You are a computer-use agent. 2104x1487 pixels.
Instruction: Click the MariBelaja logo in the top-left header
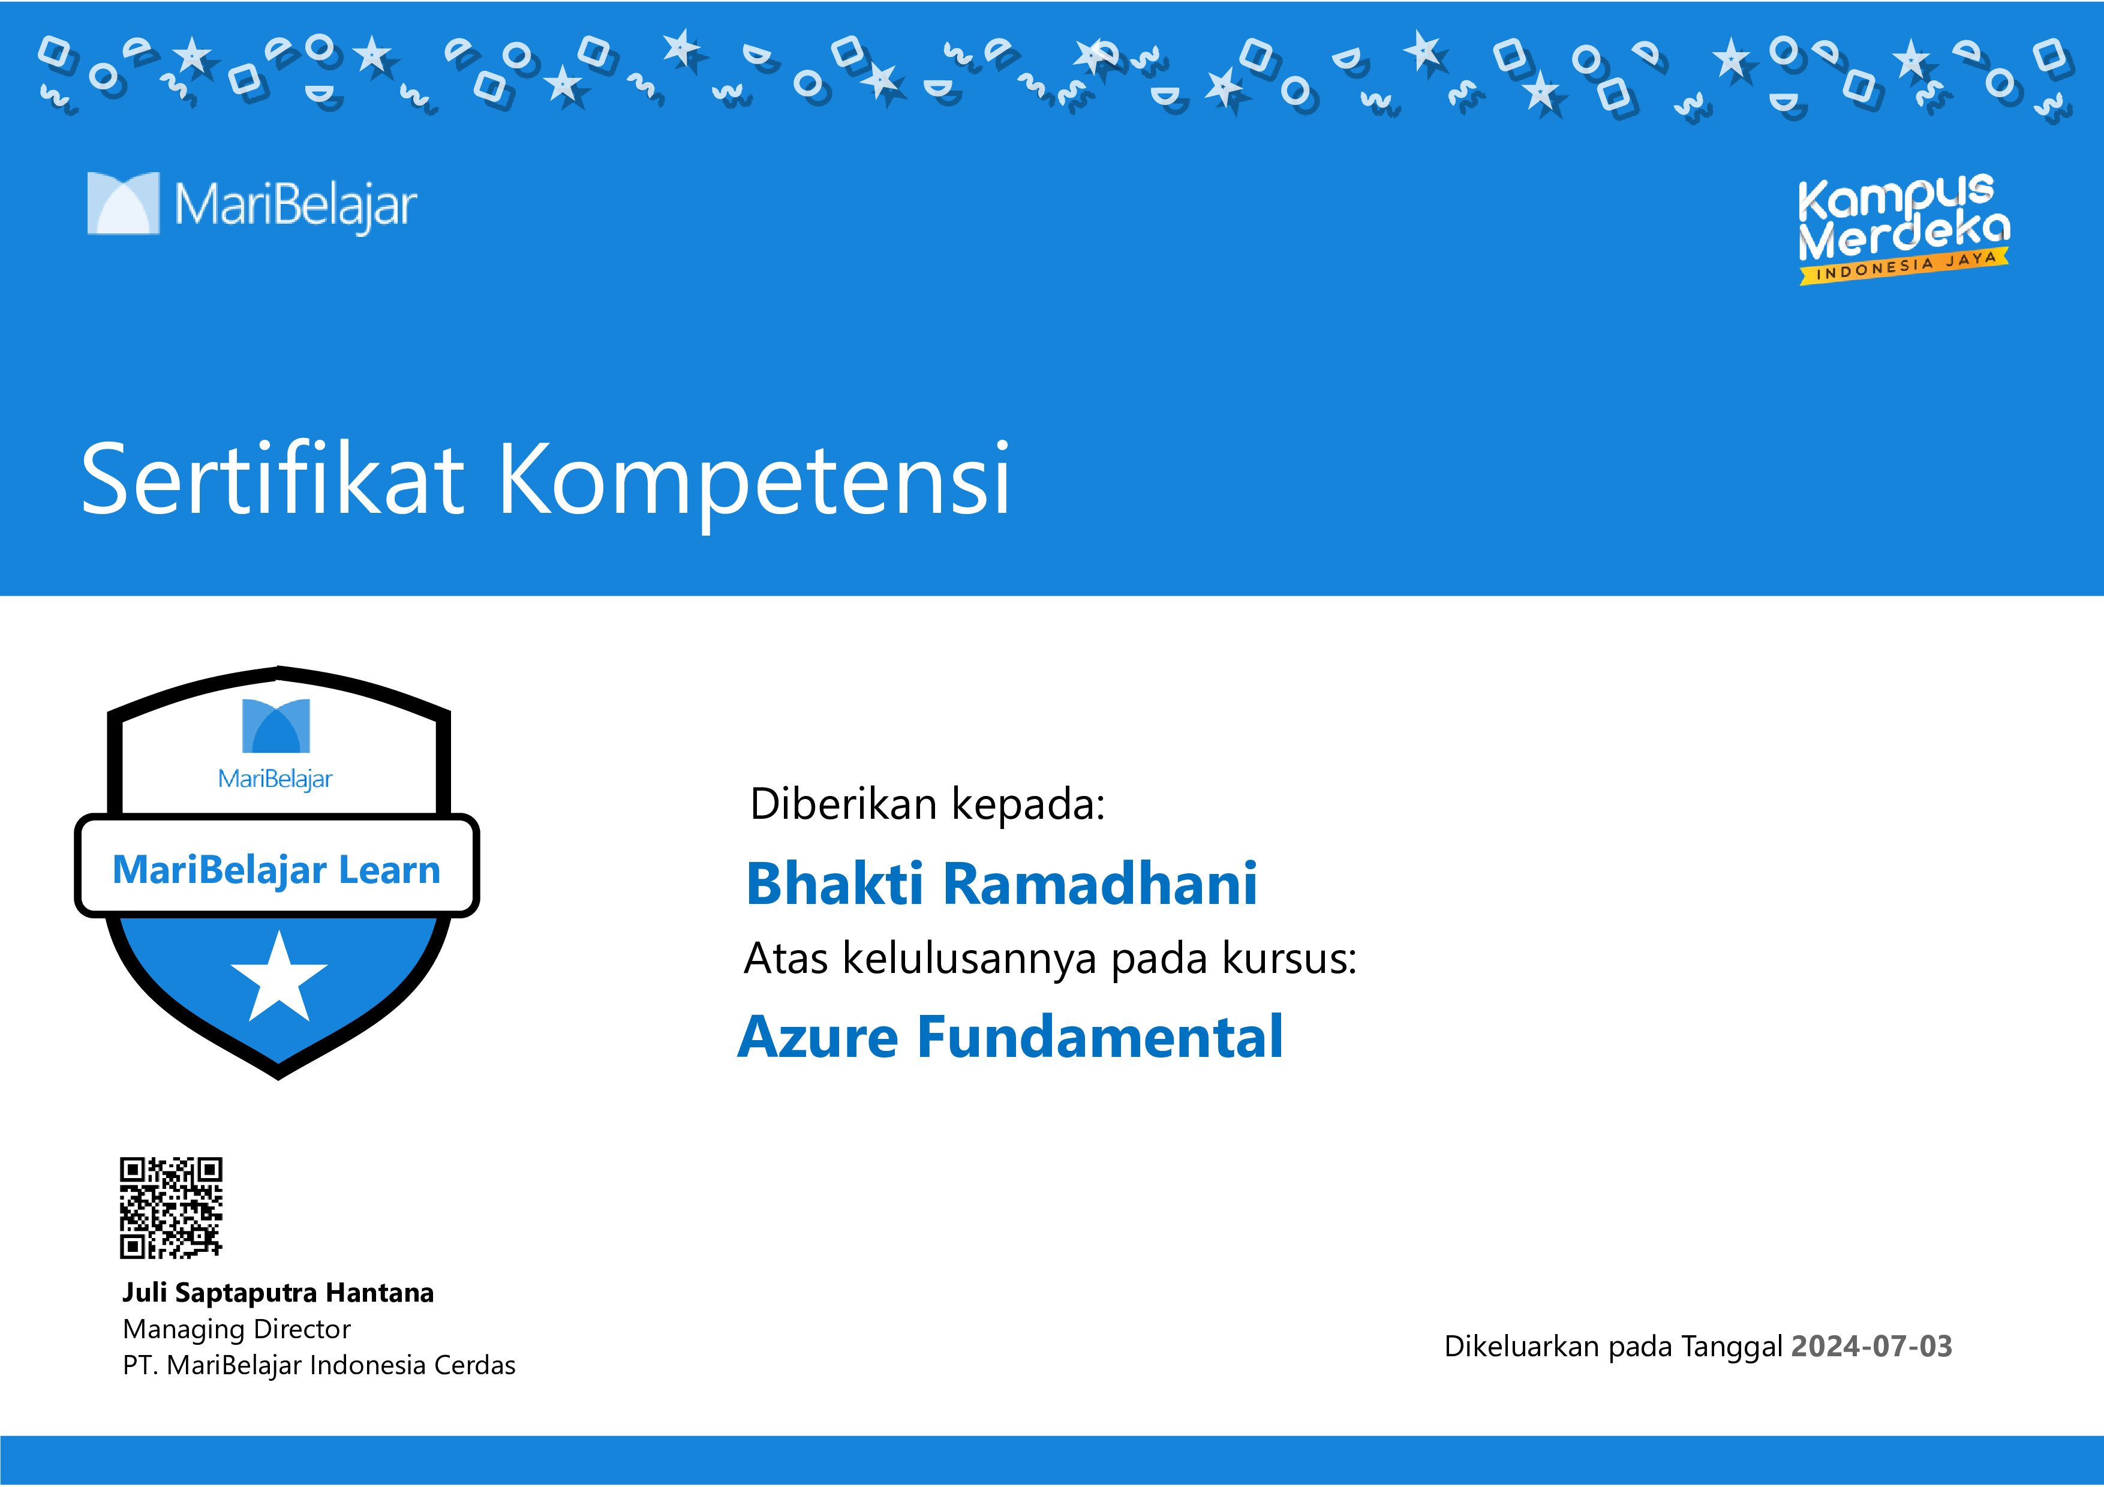pos(252,203)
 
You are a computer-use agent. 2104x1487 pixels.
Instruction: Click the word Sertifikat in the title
pos(272,479)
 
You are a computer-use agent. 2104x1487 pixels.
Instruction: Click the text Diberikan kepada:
pos(927,804)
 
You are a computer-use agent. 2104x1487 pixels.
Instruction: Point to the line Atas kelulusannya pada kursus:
pos(1049,959)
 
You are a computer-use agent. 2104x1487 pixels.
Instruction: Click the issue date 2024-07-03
pos(1871,1346)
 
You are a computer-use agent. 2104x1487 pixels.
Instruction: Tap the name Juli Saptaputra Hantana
pos(278,1292)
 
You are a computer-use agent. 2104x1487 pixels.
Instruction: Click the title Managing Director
pos(236,1329)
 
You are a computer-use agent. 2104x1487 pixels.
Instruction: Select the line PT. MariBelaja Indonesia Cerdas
pos(319,1365)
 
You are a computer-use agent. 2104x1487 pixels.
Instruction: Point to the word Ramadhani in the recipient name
pos(1099,884)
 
